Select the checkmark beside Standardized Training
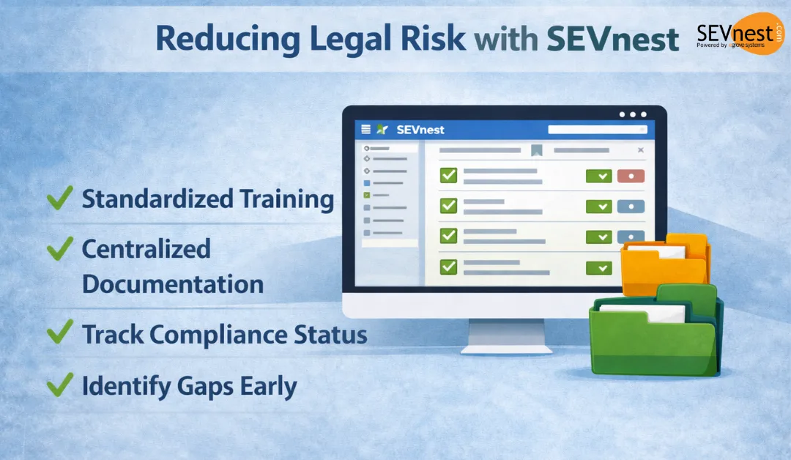pos(59,198)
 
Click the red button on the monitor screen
pos(631,176)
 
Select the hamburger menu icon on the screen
pos(365,130)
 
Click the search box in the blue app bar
pos(597,130)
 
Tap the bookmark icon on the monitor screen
pos(536,151)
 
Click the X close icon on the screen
pos(640,150)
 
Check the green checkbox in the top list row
pos(448,175)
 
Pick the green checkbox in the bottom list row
pos(448,266)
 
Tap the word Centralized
pos(146,249)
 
